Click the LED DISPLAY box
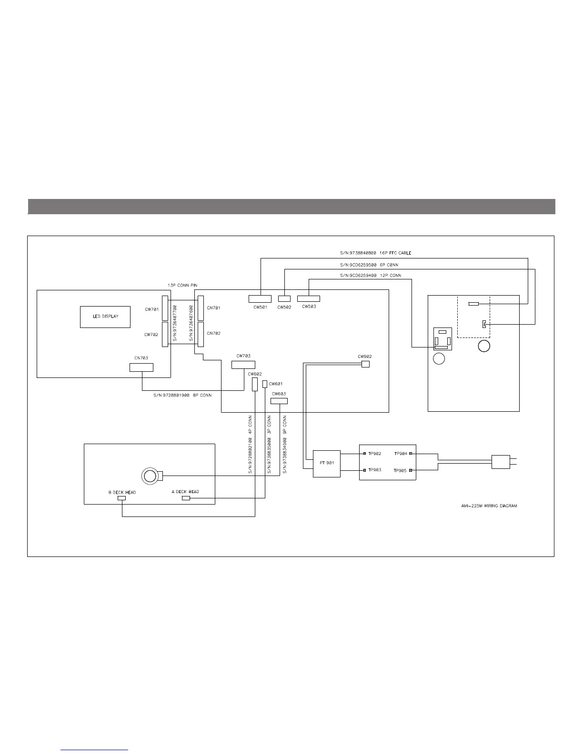(x=105, y=317)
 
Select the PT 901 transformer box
(x=327, y=464)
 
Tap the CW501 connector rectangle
(x=260, y=299)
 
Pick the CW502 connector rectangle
(x=284, y=299)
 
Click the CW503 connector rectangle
(x=309, y=299)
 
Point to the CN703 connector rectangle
(x=141, y=367)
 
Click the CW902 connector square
(x=365, y=364)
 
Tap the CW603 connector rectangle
(x=279, y=401)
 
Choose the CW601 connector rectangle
(x=265, y=384)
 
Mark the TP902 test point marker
(x=364, y=454)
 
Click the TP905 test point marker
(x=411, y=470)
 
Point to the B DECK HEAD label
(x=122, y=492)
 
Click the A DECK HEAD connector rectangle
(x=186, y=498)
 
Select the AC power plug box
(x=501, y=462)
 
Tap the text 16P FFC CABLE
(x=395, y=253)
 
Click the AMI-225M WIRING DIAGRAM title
(x=486, y=506)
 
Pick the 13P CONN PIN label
(x=182, y=285)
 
